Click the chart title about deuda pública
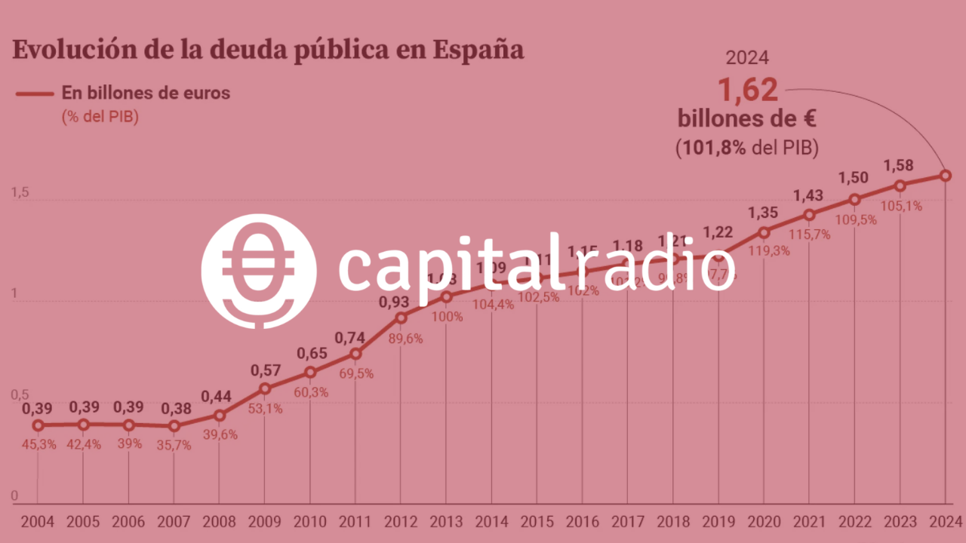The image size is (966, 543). click(x=269, y=51)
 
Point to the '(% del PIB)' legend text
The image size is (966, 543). click(x=100, y=117)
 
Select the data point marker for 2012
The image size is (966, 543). click(x=401, y=318)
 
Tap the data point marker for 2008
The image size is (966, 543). click(x=220, y=415)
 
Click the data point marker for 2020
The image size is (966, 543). click(x=764, y=232)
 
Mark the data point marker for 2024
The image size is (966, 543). click(x=946, y=176)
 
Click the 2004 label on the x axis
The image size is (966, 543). click(x=38, y=522)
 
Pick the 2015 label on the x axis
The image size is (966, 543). click(x=537, y=522)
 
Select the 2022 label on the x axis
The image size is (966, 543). click(x=854, y=522)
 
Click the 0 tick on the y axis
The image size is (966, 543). click(x=14, y=496)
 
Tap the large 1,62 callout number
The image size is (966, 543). click(x=747, y=90)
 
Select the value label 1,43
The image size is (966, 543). click(x=809, y=196)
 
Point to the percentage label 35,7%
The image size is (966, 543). click(x=174, y=445)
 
